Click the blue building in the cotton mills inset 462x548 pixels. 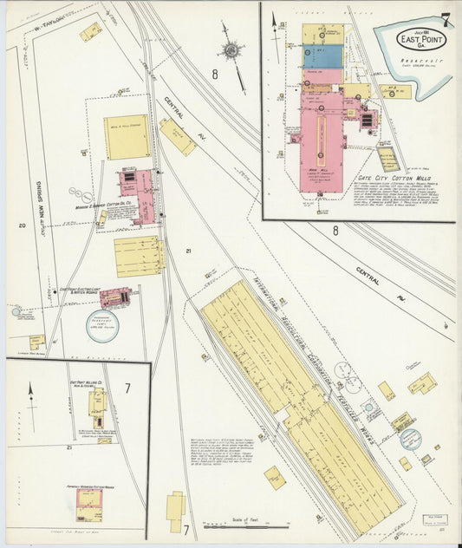pos(322,56)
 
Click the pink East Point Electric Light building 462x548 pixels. pos(116,297)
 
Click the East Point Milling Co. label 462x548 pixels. pos(86,382)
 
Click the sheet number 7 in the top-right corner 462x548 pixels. pos(444,20)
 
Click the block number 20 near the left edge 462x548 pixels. pos(21,225)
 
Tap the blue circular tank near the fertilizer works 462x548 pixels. pos(410,439)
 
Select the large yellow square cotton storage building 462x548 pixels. pos(127,137)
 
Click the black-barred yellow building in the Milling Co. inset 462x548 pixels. pos(97,408)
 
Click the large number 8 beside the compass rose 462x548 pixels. pos(214,75)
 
